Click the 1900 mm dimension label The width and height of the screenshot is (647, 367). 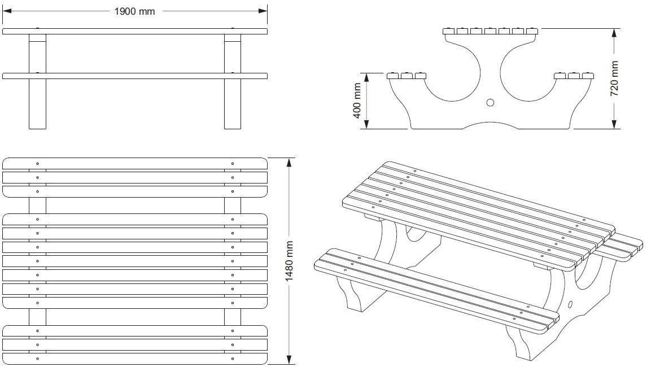(134, 11)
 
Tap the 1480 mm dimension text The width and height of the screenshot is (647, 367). (289, 261)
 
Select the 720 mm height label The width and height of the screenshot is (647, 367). (615, 78)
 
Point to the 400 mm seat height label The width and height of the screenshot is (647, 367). (357, 101)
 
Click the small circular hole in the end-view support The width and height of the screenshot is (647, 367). (490, 102)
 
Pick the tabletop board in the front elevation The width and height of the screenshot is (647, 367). (134, 31)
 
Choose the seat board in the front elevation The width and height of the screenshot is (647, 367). (134, 76)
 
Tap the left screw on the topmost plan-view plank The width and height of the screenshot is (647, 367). (38, 164)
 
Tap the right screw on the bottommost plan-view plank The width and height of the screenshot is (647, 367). (232, 359)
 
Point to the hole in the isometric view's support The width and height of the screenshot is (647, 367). (570, 305)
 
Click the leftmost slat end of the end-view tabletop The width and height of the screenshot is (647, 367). (449, 30)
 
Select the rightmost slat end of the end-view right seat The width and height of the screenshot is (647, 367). (588, 75)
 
